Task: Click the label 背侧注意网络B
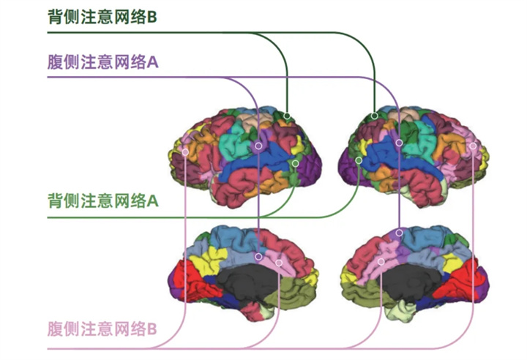(102, 17)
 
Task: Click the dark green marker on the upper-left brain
(288, 116)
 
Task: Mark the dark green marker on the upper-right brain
(375, 116)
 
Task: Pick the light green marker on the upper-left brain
(295, 163)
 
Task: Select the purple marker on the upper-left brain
(258, 146)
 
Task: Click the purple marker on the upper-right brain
(399, 143)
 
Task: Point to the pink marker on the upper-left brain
(185, 152)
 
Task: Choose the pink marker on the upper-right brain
(473, 146)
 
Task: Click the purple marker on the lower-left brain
(260, 256)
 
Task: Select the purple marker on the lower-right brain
(399, 233)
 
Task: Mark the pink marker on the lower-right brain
(381, 260)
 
